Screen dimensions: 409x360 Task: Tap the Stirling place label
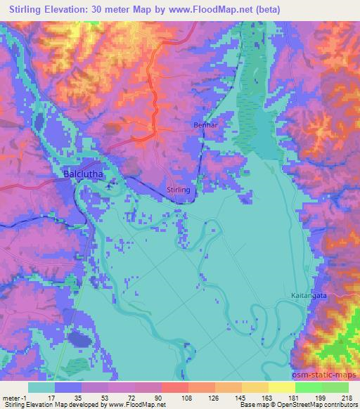tap(179, 190)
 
